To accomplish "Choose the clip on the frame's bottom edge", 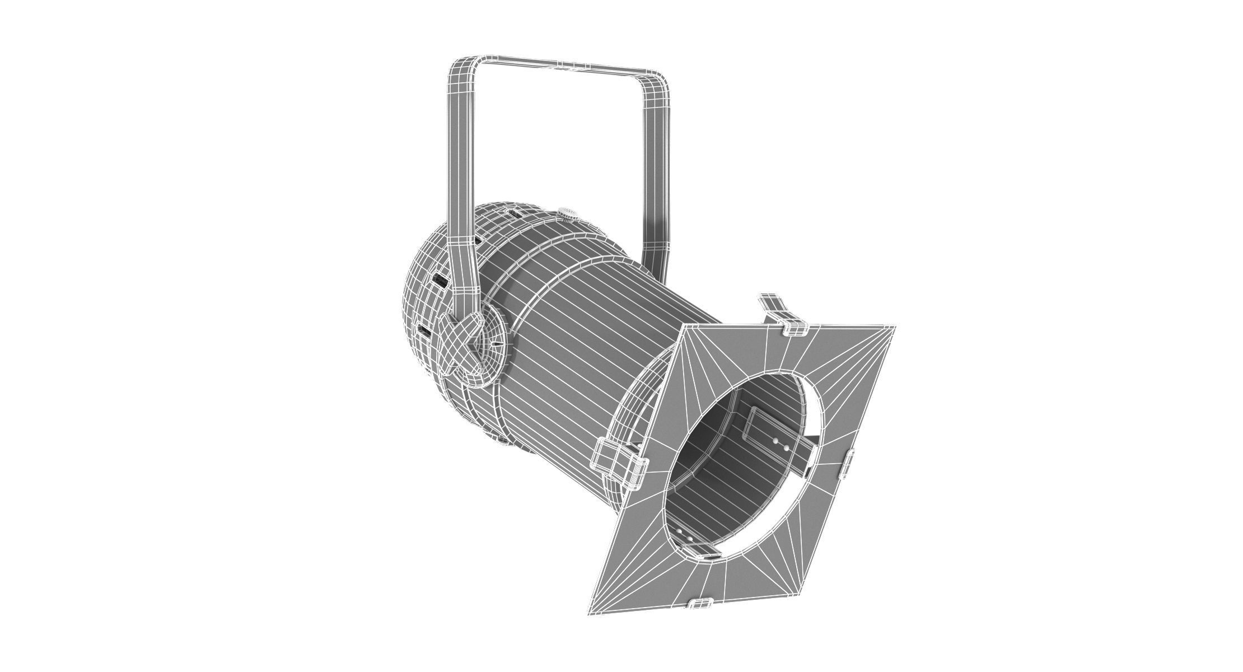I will click(x=700, y=603).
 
